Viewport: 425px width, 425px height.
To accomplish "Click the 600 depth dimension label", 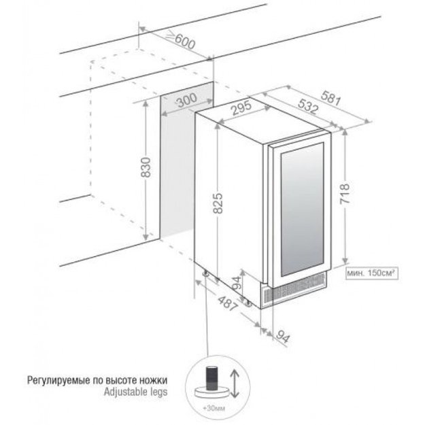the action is [x=182, y=41].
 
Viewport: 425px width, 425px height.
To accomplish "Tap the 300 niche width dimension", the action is [x=187, y=100].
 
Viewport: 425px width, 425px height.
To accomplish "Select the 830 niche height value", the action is [x=146, y=167].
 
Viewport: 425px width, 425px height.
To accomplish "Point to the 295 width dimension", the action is [x=241, y=108].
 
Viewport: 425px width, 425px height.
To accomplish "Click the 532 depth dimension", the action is [x=307, y=106].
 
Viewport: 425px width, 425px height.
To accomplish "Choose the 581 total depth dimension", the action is [x=330, y=98].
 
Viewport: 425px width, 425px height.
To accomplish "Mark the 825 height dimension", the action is [x=218, y=203].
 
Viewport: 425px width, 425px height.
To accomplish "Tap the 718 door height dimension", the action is [x=345, y=194].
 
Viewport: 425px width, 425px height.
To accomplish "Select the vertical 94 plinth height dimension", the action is [x=237, y=284].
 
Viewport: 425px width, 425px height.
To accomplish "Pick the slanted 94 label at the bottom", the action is [x=283, y=337].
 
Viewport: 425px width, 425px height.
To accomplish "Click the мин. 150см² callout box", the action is [x=372, y=273].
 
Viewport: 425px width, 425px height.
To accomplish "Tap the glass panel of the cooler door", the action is [x=302, y=209].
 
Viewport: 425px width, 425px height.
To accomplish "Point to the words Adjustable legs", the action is [x=135, y=392].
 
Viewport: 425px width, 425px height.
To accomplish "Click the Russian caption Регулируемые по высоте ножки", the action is [x=97, y=380].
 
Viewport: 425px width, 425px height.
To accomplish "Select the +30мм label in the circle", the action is [x=214, y=408].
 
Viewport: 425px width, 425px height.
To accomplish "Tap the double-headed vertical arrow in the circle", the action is [x=235, y=384].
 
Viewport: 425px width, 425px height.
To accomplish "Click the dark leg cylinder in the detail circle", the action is [x=213, y=378].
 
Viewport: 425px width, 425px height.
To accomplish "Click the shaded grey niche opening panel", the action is [x=186, y=160].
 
